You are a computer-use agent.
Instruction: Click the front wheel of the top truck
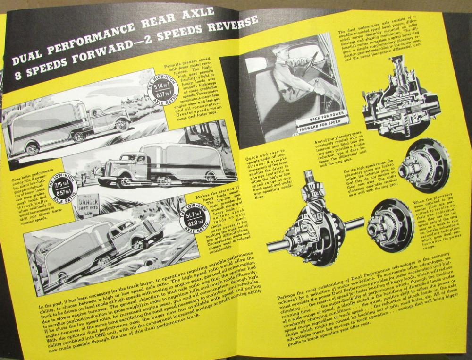[x=122, y=125]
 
